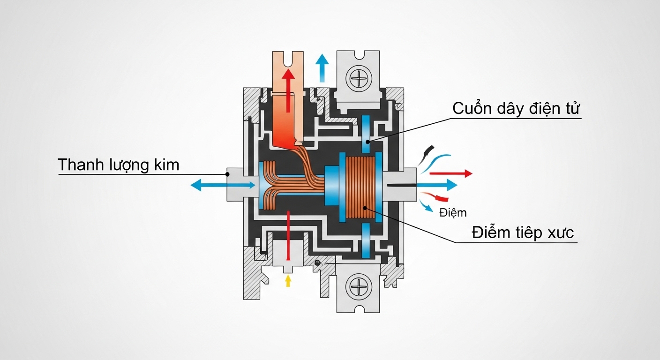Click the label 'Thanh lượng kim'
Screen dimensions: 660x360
pyautogui.click(x=119, y=165)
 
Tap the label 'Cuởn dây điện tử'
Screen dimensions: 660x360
pyautogui.click(x=516, y=108)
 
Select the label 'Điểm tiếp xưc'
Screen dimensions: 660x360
pyautogui.click(x=523, y=232)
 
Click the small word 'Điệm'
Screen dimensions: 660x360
pyautogui.click(x=453, y=212)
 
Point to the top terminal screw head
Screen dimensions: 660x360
pyautogui.click(x=359, y=79)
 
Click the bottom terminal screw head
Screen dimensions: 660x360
pyautogui.click(x=359, y=287)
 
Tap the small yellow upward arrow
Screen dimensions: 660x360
pyautogui.click(x=288, y=280)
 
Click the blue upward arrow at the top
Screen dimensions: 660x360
pyautogui.click(x=322, y=68)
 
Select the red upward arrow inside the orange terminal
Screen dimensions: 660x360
pyautogui.click(x=288, y=90)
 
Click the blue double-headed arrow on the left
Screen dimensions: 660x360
pyautogui.click(x=223, y=185)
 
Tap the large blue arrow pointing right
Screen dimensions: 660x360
pyautogui.click(x=437, y=185)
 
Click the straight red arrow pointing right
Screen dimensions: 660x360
pyautogui.click(x=451, y=173)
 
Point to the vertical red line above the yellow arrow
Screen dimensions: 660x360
pyautogui.click(x=288, y=235)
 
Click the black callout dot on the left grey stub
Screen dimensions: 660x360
pyautogui.click(x=227, y=174)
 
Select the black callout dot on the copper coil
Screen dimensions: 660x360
pyautogui.click(x=365, y=208)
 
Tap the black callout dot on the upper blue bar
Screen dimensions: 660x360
pyautogui.click(x=367, y=142)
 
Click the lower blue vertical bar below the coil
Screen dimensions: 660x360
pyautogui.click(x=366, y=240)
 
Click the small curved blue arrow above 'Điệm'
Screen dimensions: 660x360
pyautogui.click(x=426, y=206)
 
